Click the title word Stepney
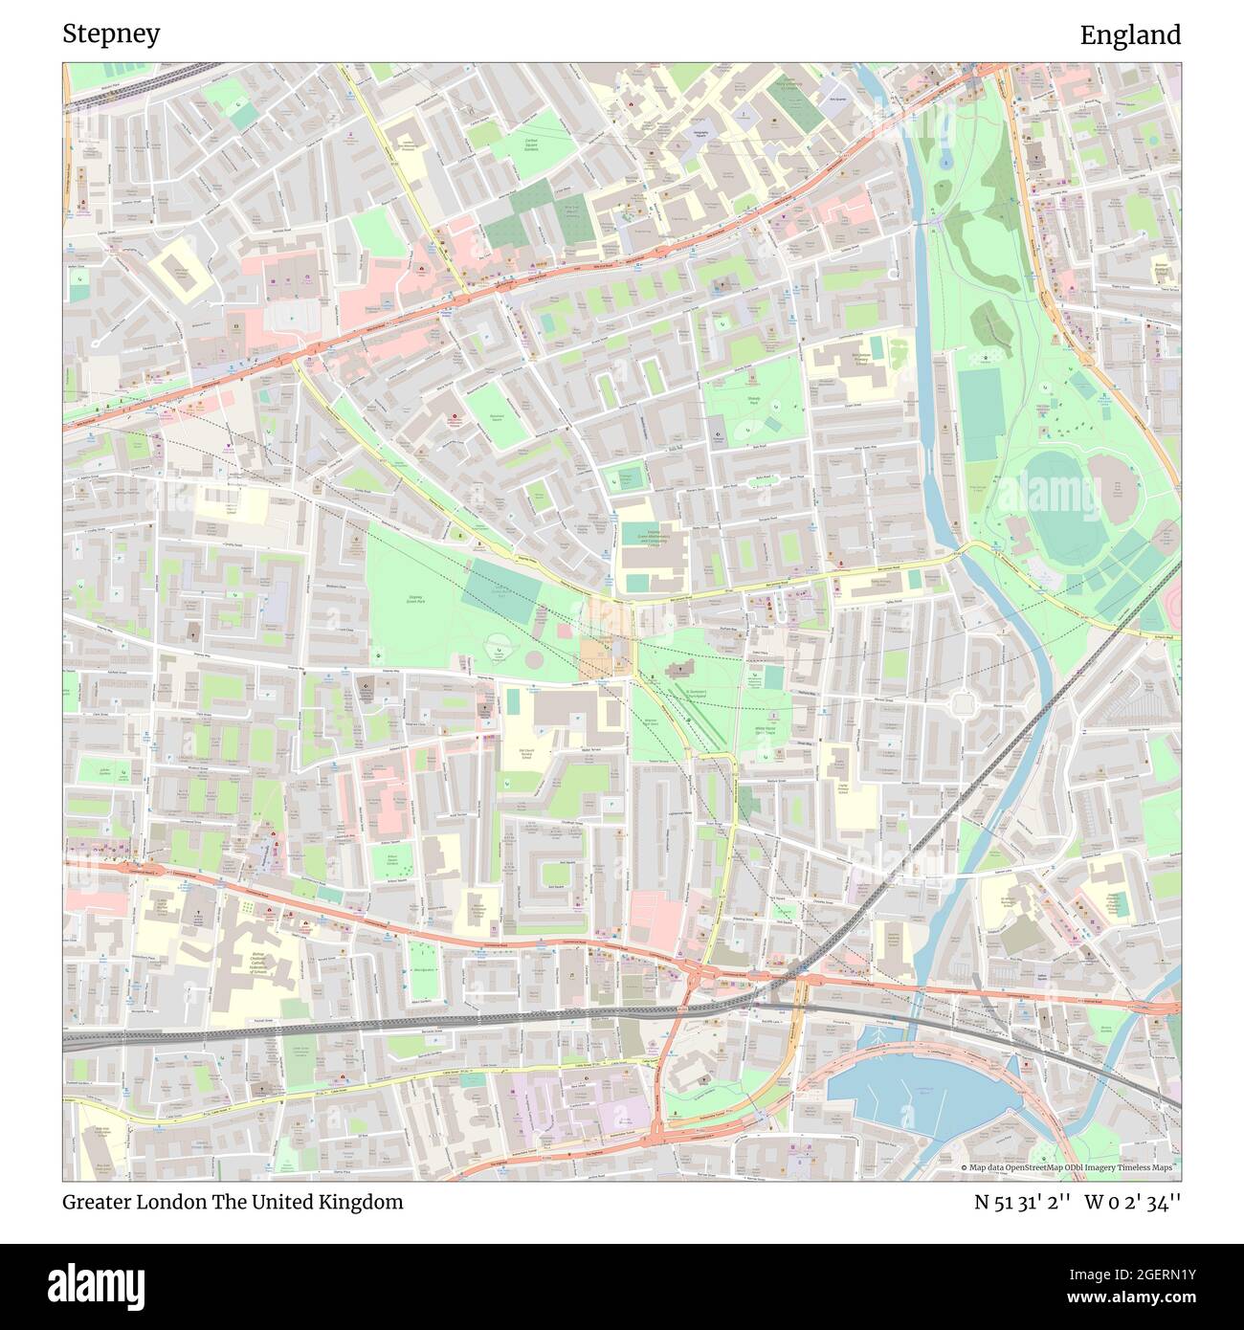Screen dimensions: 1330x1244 point(111,34)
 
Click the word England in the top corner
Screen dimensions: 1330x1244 point(1130,35)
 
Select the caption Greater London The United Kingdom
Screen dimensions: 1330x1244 point(233,1202)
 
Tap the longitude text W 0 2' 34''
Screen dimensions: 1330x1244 point(1132,1202)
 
